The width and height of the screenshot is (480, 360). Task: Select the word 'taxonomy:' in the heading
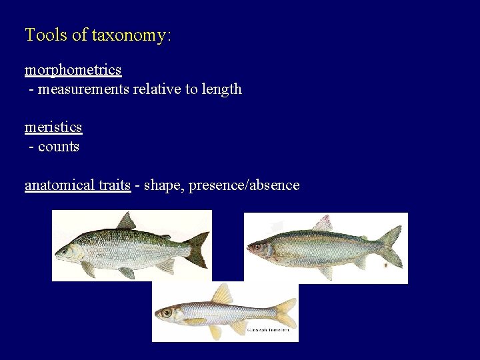pos(131,35)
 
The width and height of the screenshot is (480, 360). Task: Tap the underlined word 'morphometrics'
pos(73,70)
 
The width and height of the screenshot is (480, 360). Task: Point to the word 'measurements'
pos(83,89)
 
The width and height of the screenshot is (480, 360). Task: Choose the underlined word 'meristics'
pos(53,127)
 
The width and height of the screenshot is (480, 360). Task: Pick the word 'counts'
pos(59,147)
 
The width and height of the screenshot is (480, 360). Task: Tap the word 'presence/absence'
pos(244,185)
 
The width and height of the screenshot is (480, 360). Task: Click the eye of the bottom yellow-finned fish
pos(166,312)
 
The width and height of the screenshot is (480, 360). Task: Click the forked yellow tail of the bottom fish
pos(285,313)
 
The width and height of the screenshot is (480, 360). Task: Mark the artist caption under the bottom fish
pos(271,330)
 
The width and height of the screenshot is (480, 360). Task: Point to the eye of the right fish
pos(257,246)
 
